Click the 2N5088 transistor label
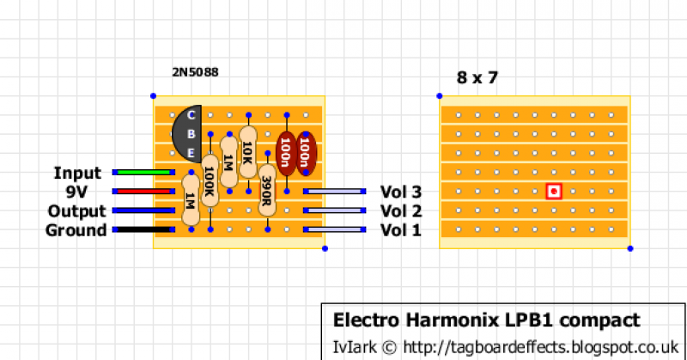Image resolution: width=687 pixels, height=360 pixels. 195,73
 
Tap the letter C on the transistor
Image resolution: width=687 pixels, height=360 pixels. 191,115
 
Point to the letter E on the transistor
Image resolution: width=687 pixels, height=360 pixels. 191,152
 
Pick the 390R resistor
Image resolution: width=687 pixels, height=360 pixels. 267,195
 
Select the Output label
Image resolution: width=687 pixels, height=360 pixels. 77,211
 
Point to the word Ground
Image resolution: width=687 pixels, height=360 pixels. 76,230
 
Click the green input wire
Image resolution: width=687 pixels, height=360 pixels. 143,173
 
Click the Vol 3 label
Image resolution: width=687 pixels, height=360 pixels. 400,192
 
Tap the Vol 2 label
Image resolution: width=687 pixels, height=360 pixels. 400,211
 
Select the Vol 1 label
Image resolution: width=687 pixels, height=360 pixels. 400,230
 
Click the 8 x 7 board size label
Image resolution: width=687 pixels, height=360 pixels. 477,78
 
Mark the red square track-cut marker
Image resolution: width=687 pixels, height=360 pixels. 555,192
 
